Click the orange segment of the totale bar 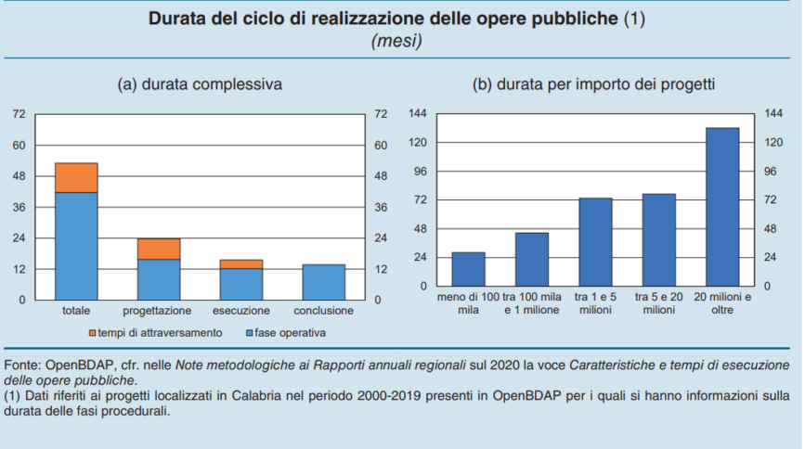[x=76, y=177]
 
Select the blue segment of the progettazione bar [x=159, y=279]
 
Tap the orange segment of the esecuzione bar [x=241, y=264]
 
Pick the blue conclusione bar [x=324, y=282]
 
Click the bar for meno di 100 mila [x=468, y=269]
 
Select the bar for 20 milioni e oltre [x=722, y=207]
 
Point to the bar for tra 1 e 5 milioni [x=595, y=241]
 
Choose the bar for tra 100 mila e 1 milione [x=532, y=259]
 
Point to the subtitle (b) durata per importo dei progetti [x=594, y=84]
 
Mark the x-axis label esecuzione [x=241, y=310]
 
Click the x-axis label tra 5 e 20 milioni [x=659, y=302]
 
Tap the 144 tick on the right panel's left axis [x=418, y=113]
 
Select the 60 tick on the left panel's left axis [x=19, y=145]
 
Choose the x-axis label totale [x=76, y=310]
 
